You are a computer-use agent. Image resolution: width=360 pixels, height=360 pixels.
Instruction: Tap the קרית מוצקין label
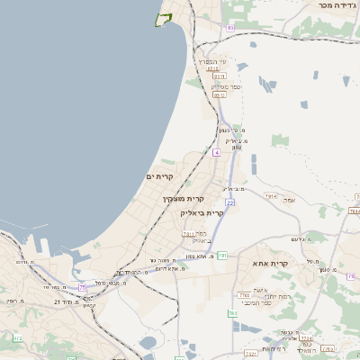(184, 198)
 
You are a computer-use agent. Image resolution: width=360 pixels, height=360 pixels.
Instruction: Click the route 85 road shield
(229, 28)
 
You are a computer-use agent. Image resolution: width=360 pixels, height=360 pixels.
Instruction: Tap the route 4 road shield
(216, 152)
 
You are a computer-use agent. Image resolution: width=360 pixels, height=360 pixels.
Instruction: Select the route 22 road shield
(230, 202)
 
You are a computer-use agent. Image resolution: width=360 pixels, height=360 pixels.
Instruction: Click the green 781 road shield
(221, 256)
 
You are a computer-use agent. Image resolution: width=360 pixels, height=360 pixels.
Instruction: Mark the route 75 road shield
(82, 286)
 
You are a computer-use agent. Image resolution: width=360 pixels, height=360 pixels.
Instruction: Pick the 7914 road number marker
(271, 195)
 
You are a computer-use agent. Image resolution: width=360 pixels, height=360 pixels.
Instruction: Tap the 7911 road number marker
(188, 233)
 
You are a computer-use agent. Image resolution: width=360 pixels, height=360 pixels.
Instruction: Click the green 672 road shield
(17, 337)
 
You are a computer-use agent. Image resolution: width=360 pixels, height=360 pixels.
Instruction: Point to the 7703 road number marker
(243, 294)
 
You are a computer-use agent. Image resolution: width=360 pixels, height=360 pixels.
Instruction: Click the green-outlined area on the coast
(162, 19)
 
